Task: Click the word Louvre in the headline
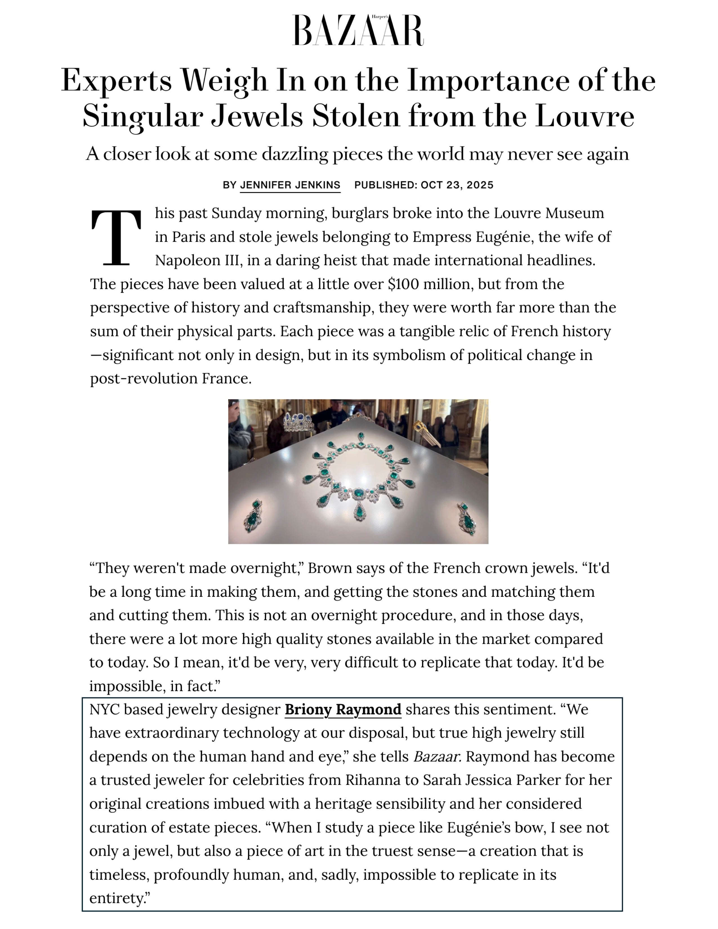[585, 116]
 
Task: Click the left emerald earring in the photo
[253, 516]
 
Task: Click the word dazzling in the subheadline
[295, 154]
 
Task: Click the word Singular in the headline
[142, 116]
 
